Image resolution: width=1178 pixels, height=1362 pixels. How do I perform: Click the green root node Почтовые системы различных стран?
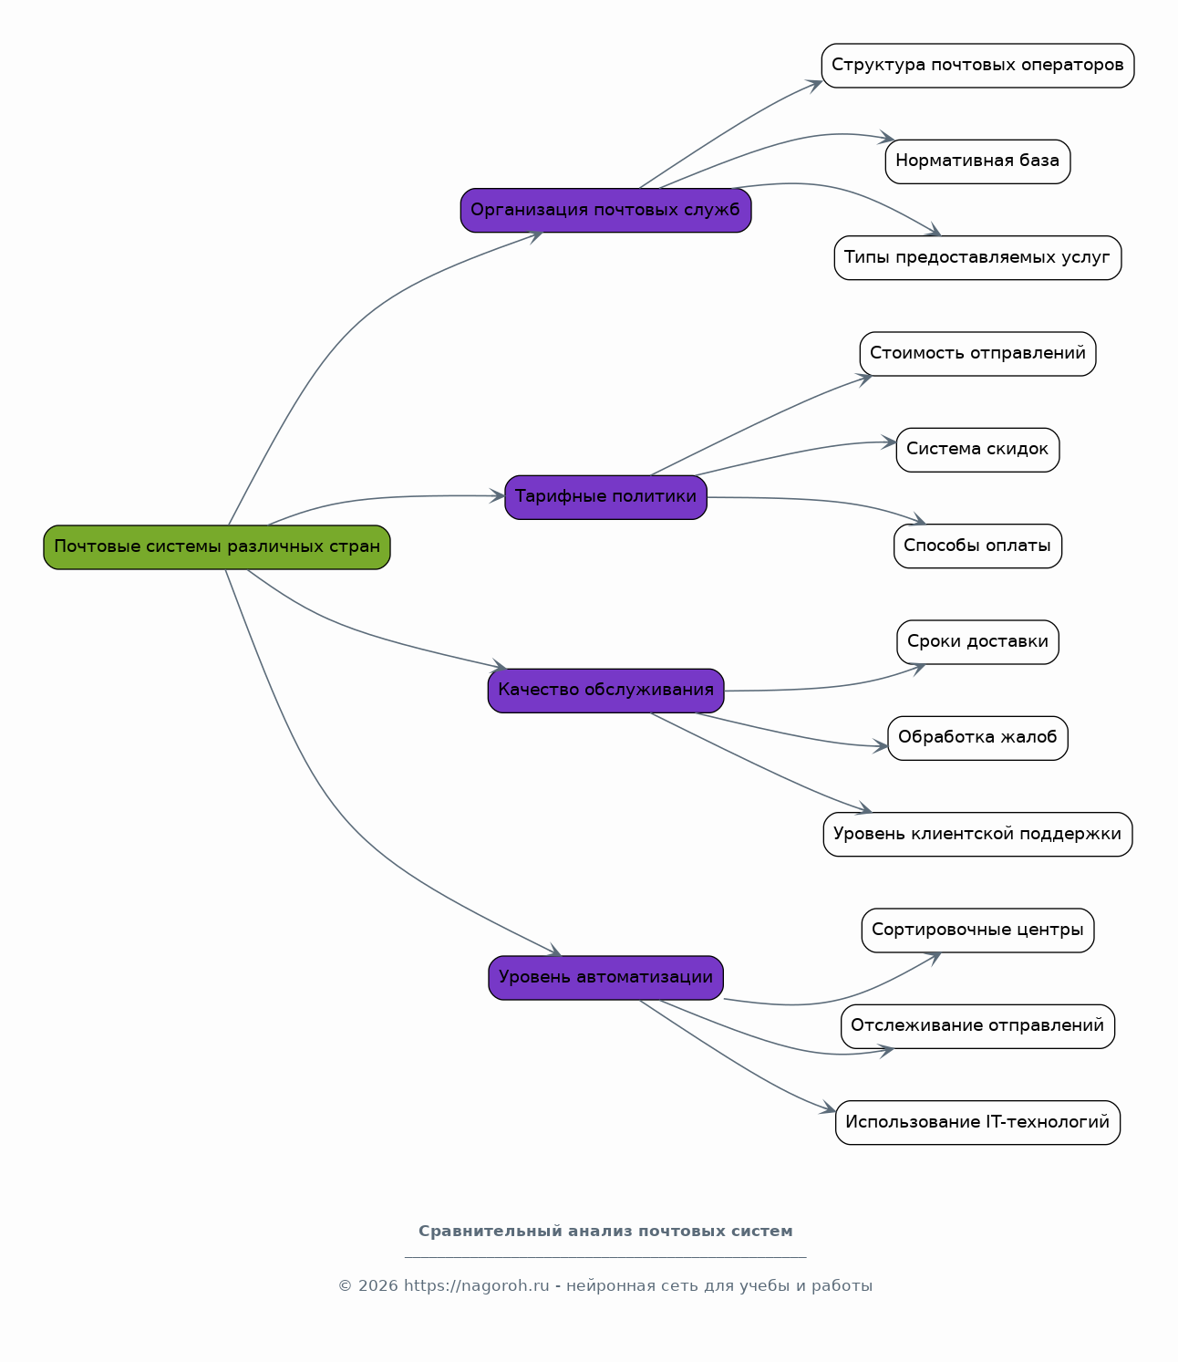[x=217, y=547]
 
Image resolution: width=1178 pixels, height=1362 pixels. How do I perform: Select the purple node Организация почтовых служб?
[x=605, y=210]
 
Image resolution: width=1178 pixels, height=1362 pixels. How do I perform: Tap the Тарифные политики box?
[x=605, y=497]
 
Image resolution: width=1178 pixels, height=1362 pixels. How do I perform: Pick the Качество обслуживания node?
[x=605, y=691]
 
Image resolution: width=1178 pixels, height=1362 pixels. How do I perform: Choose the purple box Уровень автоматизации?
[x=605, y=978]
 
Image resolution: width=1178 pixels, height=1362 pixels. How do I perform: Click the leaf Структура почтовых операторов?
[x=977, y=66]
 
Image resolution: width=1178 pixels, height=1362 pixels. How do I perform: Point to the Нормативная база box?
[x=977, y=161]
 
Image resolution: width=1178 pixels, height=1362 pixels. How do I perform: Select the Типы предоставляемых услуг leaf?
[x=977, y=257]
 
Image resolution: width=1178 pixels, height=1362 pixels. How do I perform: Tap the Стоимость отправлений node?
[x=977, y=354]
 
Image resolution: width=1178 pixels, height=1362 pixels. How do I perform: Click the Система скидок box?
[x=977, y=450]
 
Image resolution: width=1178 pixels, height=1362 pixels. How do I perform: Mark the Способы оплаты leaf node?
[x=977, y=546]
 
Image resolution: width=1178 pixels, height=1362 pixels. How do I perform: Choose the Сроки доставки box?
[x=977, y=642]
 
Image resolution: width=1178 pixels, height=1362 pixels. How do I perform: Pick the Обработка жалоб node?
[x=977, y=738]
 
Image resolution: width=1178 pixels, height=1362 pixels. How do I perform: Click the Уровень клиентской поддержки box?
[x=977, y=834]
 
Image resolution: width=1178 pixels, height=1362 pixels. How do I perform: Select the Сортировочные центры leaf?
[x=977, y=931]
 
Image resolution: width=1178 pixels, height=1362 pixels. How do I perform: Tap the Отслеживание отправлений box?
[x=977, y=1026]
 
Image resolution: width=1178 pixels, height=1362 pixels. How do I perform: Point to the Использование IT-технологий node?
[x=977, y=1123]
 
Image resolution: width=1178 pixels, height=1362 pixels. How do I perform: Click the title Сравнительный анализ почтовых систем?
[x=605, y=1232]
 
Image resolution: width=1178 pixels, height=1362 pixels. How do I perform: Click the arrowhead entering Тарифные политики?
[x=497, y=496]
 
